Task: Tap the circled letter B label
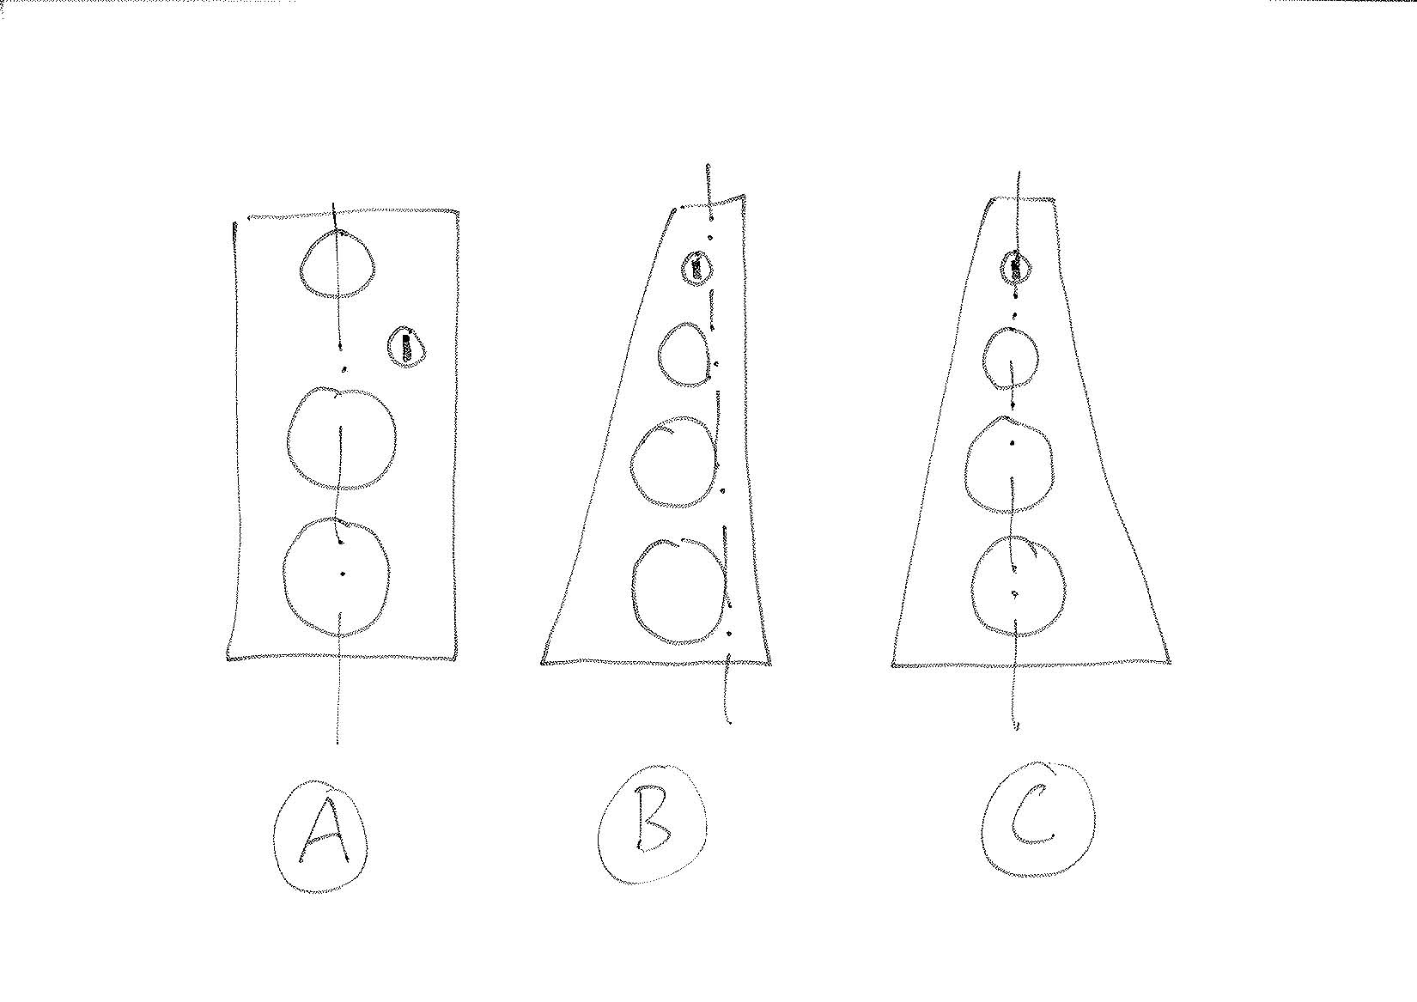point(652,825)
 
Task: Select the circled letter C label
point(1037,820)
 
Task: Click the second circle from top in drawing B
point(659,355)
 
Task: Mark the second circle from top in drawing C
point(984,359)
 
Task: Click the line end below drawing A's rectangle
point(338,744)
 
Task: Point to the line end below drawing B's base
point(730,722)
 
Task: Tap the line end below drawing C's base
point(1016,729)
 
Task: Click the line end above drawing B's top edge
point(708,166)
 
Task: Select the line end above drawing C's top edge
point(1017,172)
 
